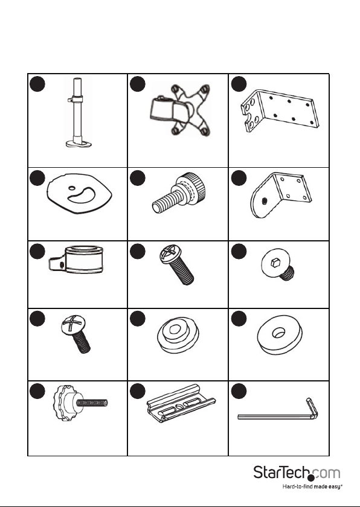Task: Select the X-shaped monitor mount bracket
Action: [180, 110]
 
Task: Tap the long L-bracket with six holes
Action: [280, 110]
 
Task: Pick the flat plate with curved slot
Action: [80, 194]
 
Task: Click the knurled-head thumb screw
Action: [179, 193]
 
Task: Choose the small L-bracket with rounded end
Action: [281, 194]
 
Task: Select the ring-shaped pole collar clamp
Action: [76, 260]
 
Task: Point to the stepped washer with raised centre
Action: [178, 335]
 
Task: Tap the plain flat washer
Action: [280, 334]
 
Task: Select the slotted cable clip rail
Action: [181, 403]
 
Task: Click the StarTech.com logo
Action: [297, 473]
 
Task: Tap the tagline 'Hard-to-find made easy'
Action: [312, 486]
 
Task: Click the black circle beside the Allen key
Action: [239, 391]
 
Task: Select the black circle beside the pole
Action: [37, 84]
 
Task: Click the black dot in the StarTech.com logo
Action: [311, 478]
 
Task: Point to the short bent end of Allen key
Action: [312, 407]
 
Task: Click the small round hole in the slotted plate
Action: [72, 188]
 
